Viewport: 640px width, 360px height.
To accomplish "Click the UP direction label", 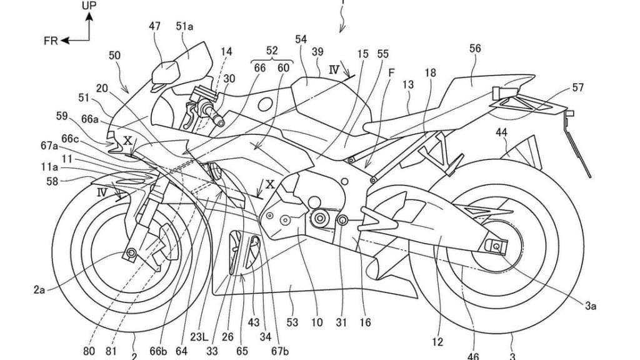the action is click(x=89, y=6).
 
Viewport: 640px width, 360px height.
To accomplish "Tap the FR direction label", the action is click(x=51, y=41).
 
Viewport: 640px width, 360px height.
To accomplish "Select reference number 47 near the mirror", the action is click(x=155, y=26).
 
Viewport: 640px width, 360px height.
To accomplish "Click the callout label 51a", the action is click(x=184, y=26).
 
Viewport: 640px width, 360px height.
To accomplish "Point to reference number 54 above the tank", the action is click(x=301, y=39).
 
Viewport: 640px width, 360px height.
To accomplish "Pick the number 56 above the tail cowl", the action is click(x=475, y=49).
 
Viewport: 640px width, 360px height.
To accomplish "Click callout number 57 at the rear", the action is click(x=578, y=87).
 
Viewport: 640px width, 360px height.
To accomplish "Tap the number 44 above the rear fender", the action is click(x=502, y=132).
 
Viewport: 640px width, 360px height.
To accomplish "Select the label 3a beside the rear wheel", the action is click(x=590, y=305).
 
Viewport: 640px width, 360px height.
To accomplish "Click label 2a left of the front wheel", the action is click(x=39, y=290).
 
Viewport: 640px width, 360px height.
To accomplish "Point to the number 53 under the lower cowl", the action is click(x=292, y=322).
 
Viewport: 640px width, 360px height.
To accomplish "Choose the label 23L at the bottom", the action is click(x=199, y=337).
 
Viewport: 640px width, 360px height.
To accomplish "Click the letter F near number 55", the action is click(x=391, y=73).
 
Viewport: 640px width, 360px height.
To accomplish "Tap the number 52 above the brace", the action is click(x=272, y=50).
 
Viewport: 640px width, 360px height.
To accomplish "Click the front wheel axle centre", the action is click(x=131, y=253).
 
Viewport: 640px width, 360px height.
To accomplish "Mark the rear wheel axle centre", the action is click(x=496, y=246).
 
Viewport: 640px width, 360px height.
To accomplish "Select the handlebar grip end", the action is click(x=221, y=122).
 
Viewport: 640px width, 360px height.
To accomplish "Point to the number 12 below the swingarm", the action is click(x=437, y=342).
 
